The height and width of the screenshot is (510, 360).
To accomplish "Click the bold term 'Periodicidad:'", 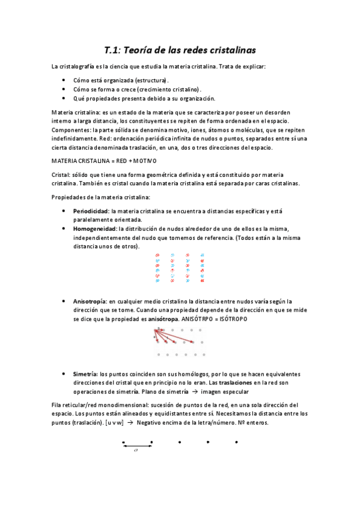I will click(x=91, y=212).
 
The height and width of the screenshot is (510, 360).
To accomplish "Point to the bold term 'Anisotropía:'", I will click(x=90, y=301).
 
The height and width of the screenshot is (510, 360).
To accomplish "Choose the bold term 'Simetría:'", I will click(x=85, y=374).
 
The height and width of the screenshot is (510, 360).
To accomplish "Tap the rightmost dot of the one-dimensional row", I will click(x=236, y=442).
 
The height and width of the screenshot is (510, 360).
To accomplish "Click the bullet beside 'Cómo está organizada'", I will click(x=64, y=80).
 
